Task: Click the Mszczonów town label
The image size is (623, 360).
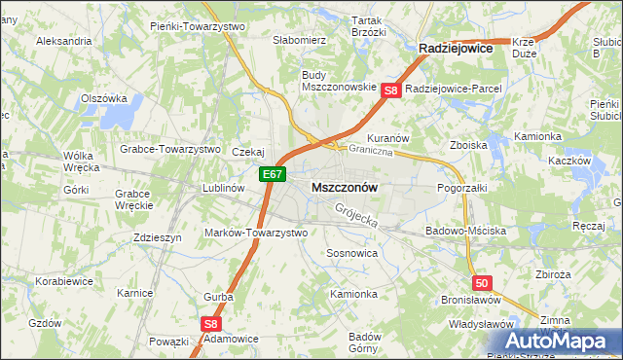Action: point(344,186)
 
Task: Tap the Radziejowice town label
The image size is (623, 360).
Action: point(455,47)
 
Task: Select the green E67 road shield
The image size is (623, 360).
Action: point(273,175)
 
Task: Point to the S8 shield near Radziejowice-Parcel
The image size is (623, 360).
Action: point(391,90)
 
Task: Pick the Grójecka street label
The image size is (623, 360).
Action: point(355,216)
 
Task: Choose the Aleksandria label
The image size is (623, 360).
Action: point(64,42)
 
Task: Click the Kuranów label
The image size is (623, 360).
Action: point(386,138)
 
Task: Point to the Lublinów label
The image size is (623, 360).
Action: point(221,188)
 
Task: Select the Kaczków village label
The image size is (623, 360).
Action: point(570,161)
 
